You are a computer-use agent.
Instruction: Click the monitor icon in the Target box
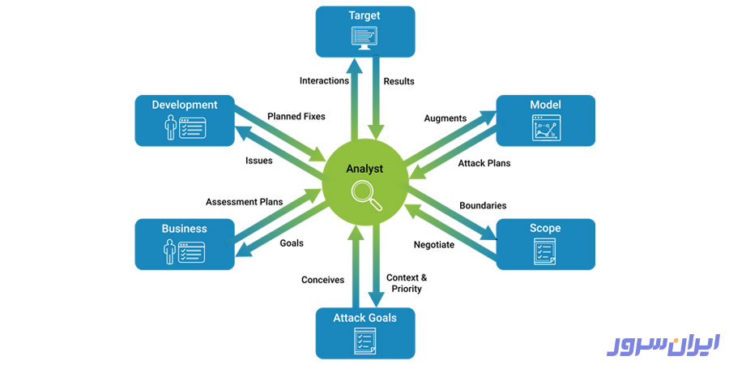(364, 36)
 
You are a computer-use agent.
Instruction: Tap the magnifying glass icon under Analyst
(364, 195)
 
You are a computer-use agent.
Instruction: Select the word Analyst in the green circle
(364, 170)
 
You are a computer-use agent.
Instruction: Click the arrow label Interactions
(324, 81)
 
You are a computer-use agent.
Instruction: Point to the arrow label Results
(399, 81)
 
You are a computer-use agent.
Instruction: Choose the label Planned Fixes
(296, 116)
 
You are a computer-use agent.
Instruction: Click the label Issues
(259, 161)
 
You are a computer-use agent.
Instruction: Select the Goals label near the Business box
(292, 243)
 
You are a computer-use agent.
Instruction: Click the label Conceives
(322, 280)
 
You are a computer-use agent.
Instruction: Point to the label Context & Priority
(407, 283)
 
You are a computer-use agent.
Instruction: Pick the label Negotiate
(434, 245)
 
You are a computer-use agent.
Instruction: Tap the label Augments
(446, 118)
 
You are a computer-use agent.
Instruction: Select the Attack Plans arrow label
(484, 163)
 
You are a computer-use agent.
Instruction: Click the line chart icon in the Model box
(545, 127)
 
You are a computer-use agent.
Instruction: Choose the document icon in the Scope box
(545, 251)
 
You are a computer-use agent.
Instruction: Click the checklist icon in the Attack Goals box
(364, 340)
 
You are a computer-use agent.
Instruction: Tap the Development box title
(185, 105)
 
